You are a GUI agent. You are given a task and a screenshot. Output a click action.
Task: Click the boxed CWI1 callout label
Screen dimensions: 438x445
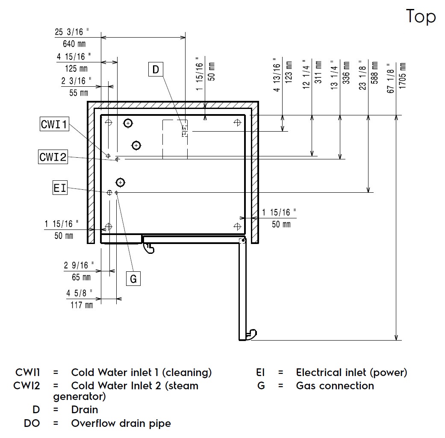coord(54,124)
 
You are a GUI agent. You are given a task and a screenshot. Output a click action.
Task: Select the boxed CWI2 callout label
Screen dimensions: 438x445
coord(53,157)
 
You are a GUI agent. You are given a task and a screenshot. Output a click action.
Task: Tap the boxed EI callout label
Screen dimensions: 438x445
coord(60,188)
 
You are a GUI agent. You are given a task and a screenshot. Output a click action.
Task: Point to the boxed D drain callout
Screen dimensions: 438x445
coord(155,69)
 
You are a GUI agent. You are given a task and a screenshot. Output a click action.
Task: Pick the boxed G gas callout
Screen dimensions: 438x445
coord(133,279)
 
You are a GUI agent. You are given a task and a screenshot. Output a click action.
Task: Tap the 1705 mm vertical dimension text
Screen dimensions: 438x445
coord(402,76)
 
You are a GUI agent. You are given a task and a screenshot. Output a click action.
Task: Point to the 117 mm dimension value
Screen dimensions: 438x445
coord(82,305)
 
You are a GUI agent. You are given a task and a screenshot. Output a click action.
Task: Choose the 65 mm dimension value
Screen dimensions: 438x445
coord(81,277)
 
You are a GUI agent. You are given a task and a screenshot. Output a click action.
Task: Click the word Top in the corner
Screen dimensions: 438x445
coord(421,17)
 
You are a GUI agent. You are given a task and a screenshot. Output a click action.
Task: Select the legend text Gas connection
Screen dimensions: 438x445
coord(335,386)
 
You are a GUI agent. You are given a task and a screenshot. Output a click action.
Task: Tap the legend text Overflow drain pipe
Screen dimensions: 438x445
coord(121,423)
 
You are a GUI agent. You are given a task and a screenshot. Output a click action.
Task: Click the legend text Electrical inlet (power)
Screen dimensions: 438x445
coord(351,373)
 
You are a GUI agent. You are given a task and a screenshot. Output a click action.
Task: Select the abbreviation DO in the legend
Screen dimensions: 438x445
coord(32,423)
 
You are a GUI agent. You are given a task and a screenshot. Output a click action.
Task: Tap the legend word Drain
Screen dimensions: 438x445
coord(85,410)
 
